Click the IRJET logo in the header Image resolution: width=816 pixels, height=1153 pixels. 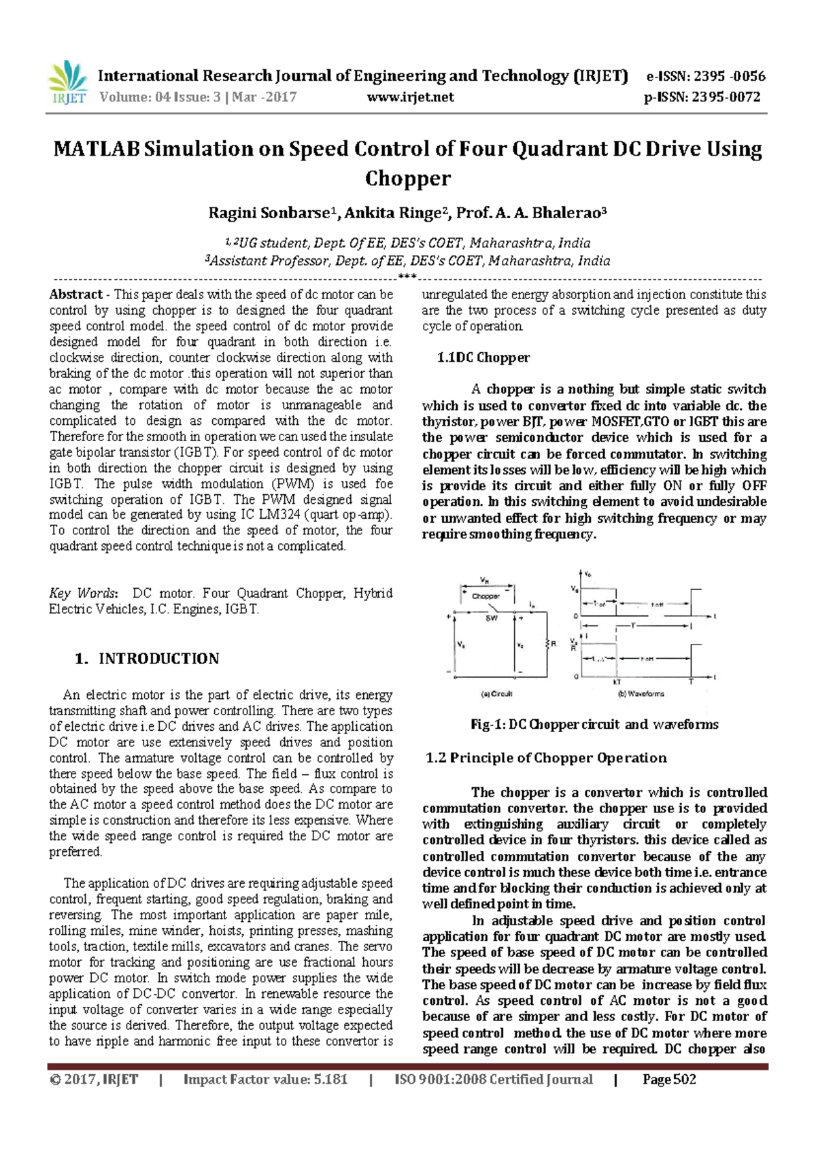point(68,83)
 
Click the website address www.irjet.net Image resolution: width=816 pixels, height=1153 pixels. point(410,97)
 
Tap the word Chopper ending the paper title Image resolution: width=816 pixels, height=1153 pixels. point(407,178)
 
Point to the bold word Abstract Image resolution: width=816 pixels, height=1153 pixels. point(75,294)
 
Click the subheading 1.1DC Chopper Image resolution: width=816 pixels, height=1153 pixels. point(483,358)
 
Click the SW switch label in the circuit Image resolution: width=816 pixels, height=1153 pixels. point(490,619)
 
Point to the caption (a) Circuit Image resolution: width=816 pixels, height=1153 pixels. point(496,694)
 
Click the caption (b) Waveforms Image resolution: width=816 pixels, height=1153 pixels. point(641,694)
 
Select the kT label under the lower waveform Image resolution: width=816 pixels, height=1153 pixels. point(617,682)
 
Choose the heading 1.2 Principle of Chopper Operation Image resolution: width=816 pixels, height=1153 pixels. point(546,757)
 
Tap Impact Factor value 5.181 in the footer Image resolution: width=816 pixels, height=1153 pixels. point(265,1080)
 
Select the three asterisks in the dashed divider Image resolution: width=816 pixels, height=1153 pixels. point(407,277)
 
